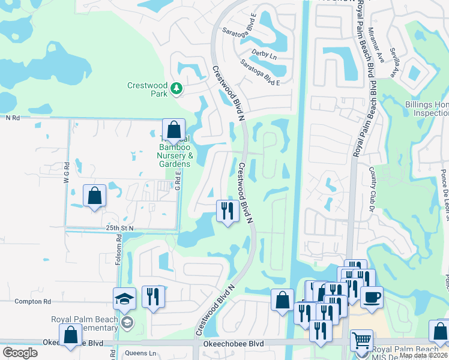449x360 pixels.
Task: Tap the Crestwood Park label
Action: (x=147, y=89)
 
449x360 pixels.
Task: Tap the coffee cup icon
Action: (x=372, y=297)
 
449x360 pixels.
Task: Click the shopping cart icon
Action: (x=361, y=341)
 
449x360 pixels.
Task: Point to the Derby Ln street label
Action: (x=264, y=55)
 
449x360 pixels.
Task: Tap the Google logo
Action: (x=20, y=353)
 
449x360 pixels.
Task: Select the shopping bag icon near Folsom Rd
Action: (x=95, y=196)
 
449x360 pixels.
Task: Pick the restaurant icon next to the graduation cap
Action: (x=153, y=297)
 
